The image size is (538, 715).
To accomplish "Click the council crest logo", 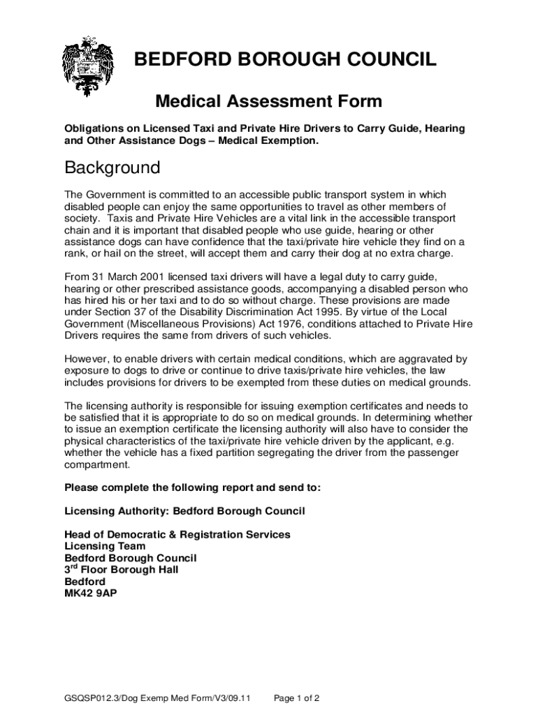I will pos(87,68).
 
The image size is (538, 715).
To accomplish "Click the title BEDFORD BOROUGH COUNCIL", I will pos(285,60).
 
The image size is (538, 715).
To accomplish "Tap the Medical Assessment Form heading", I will pos(268,102).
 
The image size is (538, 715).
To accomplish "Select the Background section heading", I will pos(112,168).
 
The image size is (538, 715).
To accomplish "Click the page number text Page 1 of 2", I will pos(297,698).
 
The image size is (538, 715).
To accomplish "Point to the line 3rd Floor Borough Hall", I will pos(121,570).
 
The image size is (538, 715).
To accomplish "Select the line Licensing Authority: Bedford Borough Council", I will pos(184,511).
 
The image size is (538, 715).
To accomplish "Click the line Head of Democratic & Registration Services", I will pos(177,534).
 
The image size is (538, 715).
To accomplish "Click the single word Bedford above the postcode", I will pos(85,582).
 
